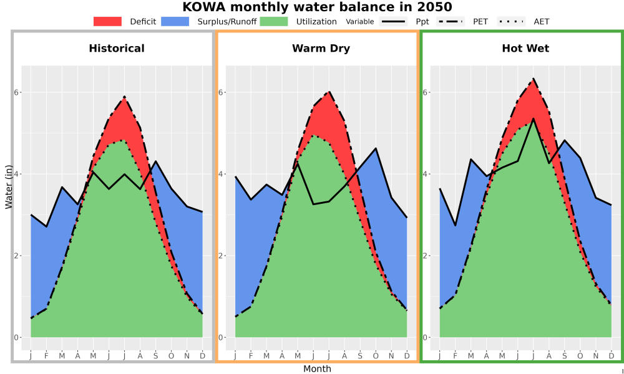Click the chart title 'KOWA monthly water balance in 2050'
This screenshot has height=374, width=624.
coord(317,7)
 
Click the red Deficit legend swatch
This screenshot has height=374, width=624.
coord(107,21)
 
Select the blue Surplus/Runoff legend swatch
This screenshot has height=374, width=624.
coord(175,21)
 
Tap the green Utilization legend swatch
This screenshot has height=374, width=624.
coord(274,21)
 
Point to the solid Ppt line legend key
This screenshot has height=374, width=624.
coord(393,21)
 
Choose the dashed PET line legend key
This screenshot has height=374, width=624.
coord(450,21)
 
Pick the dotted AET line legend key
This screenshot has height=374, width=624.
coord(511,21)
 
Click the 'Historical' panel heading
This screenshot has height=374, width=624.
coord(117,49)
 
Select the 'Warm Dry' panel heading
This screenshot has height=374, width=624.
coord(321,49)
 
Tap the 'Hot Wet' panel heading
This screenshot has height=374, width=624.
coord(525,49)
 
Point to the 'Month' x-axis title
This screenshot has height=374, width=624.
coord(317,369)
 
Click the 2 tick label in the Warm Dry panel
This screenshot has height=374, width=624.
coord(221,256)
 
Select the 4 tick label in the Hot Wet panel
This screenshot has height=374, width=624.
coord(425,174)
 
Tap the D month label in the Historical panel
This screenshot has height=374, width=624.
coord(203,356)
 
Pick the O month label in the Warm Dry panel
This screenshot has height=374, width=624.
coord(376,356)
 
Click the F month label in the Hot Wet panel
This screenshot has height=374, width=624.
coord(456,356)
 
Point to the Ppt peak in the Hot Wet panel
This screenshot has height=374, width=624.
coord(534,118)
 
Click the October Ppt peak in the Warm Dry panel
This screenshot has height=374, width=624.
coord(376,148)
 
